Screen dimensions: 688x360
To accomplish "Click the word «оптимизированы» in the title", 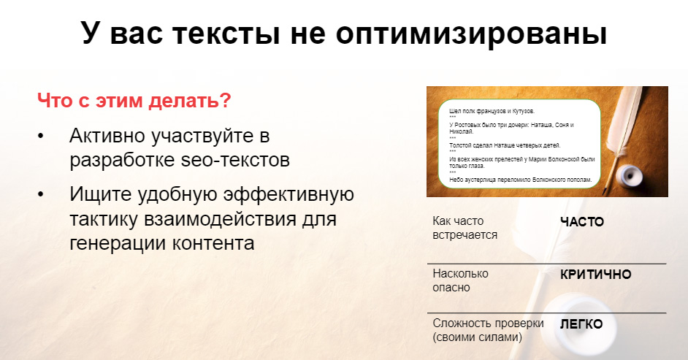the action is coord(471,34).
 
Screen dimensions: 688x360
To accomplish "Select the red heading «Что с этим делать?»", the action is coord(134,101).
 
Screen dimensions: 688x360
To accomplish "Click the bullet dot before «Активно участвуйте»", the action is coord(41,136).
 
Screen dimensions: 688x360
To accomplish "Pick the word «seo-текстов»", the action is coord(235,160).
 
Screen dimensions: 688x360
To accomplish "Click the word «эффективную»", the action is coord(288,194).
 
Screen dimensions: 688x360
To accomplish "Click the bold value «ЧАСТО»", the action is coord(582,222).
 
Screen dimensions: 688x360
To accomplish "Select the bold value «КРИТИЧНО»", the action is coord(595,275).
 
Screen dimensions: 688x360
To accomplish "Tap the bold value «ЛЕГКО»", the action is coord(581,324).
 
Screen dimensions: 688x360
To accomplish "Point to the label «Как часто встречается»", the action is coord(465,228).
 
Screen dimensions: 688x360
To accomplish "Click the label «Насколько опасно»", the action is coord(460,280).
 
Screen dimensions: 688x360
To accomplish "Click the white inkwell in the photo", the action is coord(629,175).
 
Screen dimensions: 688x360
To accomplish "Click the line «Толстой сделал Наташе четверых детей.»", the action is coord(505,145).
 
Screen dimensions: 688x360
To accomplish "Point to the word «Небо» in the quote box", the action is coord(456,180).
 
